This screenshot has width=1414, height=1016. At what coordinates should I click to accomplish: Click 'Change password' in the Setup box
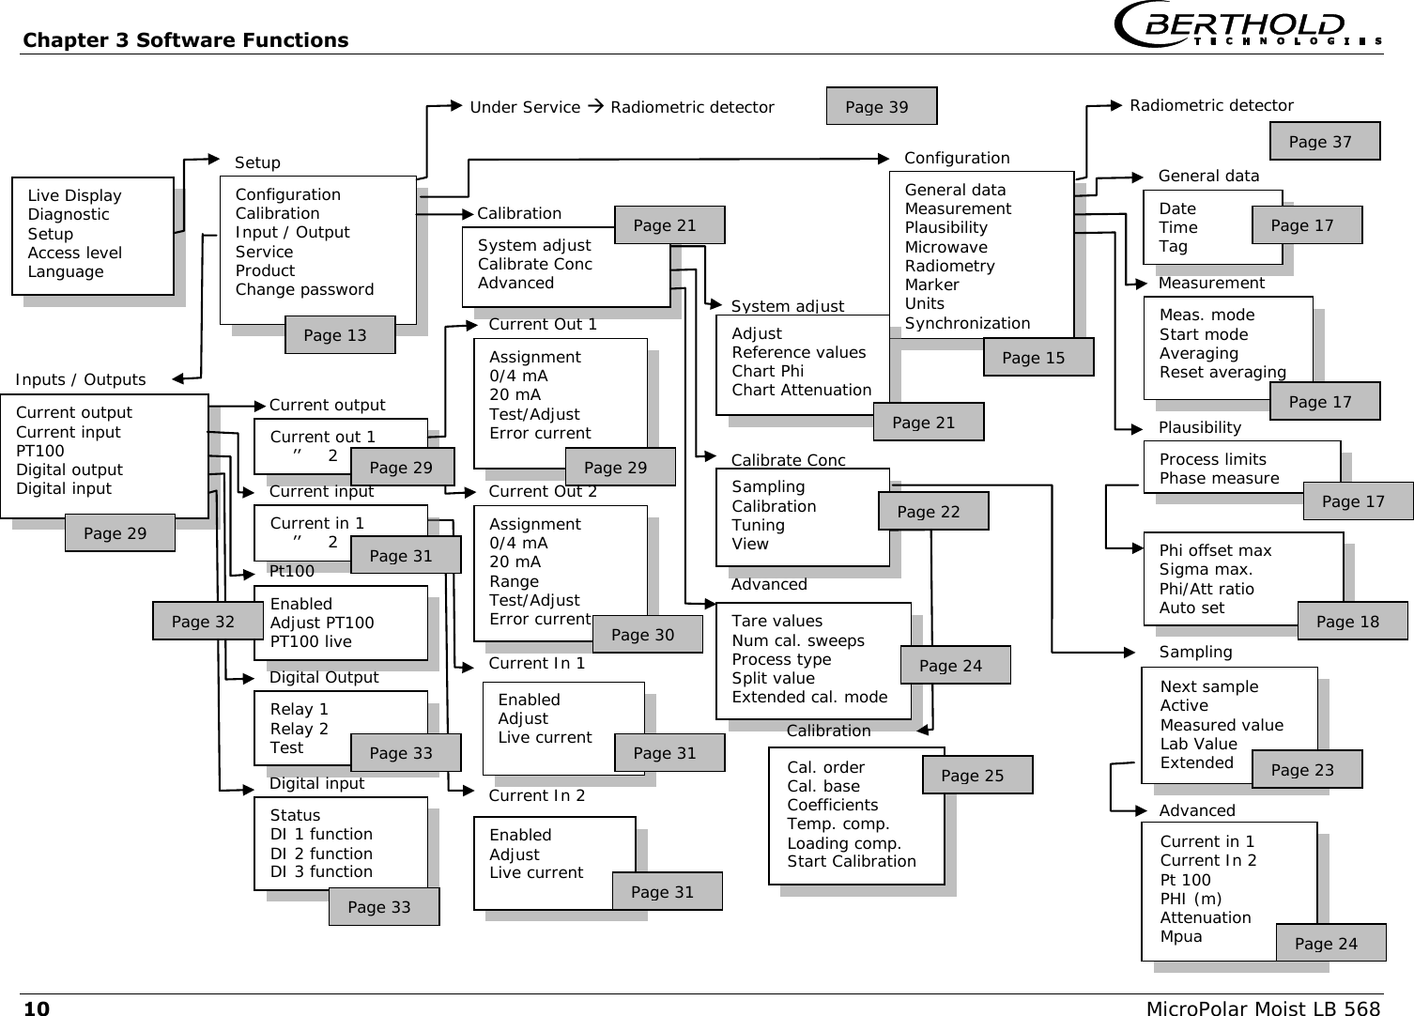pyautogui.click(x=304, y=289)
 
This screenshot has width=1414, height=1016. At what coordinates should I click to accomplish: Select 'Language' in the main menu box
pyautogui.click(x=66, y=271)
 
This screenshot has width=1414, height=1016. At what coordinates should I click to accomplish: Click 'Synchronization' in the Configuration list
pyautogui.click(x=967, y=323)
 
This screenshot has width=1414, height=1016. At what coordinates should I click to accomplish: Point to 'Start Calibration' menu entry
pyautogui.click(x=851, y=861)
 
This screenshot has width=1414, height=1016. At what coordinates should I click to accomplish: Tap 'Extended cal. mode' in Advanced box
pyautogui.click(x=809, y=697)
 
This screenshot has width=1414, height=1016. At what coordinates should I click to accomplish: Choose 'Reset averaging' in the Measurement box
pyautogui.click(x=1222, y=372)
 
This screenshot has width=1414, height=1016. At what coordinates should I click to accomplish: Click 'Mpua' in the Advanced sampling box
pyautogui.click(x=1180, y=936)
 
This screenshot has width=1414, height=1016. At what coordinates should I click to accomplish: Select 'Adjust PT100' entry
pyautogui.click(x=321, y=623)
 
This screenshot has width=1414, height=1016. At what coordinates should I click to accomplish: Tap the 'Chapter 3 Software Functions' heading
pyautogui.click(x=185, y=40)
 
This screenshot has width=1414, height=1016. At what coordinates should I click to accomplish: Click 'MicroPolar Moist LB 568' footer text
pyautogui.click(x=1263, y=1008)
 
